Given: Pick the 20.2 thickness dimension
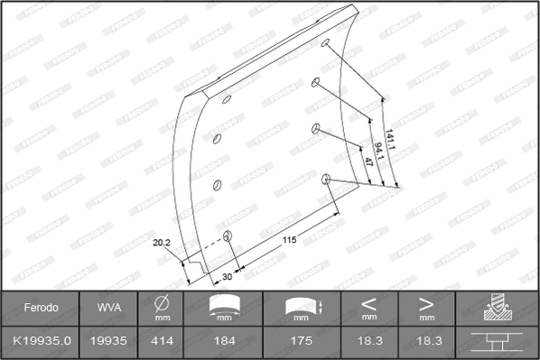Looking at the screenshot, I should [163, 242].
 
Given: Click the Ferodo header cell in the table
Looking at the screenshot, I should [41, 308].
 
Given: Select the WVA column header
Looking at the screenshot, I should [108, 308].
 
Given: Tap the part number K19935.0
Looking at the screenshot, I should [41, 342].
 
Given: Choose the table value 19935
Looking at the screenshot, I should [108, 342].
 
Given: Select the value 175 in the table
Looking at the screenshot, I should [302, 342].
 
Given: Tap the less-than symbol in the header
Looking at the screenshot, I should [369, 303].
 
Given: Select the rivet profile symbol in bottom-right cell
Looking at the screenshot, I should [497, 342].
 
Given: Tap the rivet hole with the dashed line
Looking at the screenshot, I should [228, 236].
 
